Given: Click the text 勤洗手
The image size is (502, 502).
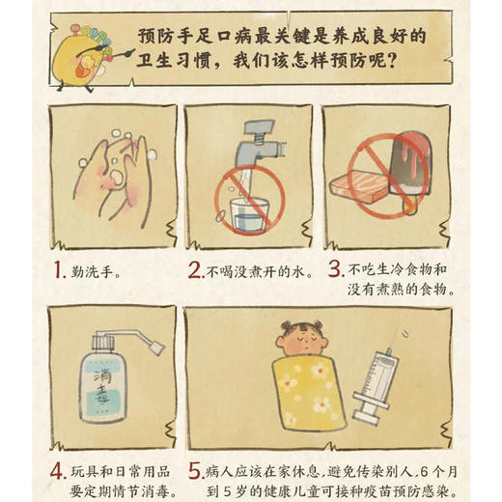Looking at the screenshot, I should pos(96,272).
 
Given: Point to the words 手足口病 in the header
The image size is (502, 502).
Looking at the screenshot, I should pos(203,36).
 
